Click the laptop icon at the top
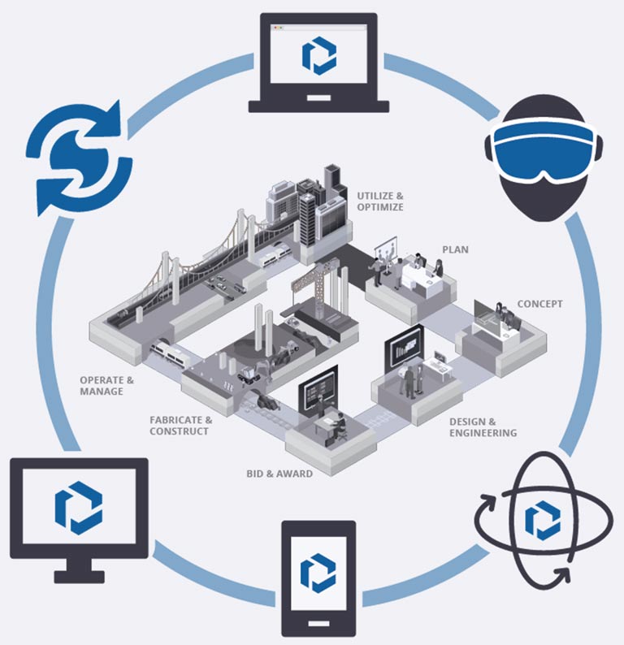click(318, 62)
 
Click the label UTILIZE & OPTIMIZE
click(379, 201)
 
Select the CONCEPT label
click(539, 305)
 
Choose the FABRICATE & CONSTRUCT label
click(180, 425)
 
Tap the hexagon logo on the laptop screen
click(318, 55)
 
